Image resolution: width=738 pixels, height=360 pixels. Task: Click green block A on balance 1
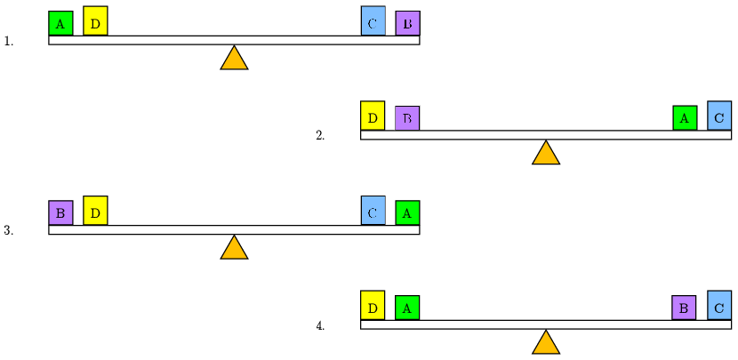pos(60,23)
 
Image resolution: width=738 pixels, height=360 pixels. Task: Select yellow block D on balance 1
pos(95,21)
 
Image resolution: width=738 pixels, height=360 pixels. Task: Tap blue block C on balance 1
pos(373,21)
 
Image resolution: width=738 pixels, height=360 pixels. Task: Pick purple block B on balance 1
pos(407,23)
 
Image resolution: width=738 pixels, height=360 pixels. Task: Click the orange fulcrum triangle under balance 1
pos(234,59)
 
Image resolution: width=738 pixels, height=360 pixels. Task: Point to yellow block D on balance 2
pos(373,116)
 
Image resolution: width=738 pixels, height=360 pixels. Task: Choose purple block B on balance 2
pos(407,118)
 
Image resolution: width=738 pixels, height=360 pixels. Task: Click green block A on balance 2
pos(685,118)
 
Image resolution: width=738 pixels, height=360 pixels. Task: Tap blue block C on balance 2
pos(719,116)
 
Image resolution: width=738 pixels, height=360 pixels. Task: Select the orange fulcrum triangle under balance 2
pos(546,154)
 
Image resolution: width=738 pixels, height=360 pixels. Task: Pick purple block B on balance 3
pos(60,213)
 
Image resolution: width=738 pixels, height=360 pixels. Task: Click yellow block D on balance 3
pos(95,211)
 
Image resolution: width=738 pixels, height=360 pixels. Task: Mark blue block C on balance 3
pos(373,211)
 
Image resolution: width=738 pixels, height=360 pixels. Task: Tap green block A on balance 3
pos(407,213)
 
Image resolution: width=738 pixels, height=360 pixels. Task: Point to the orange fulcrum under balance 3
pos(234,249)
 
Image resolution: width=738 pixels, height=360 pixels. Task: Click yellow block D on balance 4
pos(373,306)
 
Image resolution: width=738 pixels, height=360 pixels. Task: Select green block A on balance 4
pos(407,308)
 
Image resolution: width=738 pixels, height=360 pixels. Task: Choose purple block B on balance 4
pos(684,308)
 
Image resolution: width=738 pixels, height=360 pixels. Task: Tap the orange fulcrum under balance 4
pos(546,343)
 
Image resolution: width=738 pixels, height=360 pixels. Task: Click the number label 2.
pos(320,136)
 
